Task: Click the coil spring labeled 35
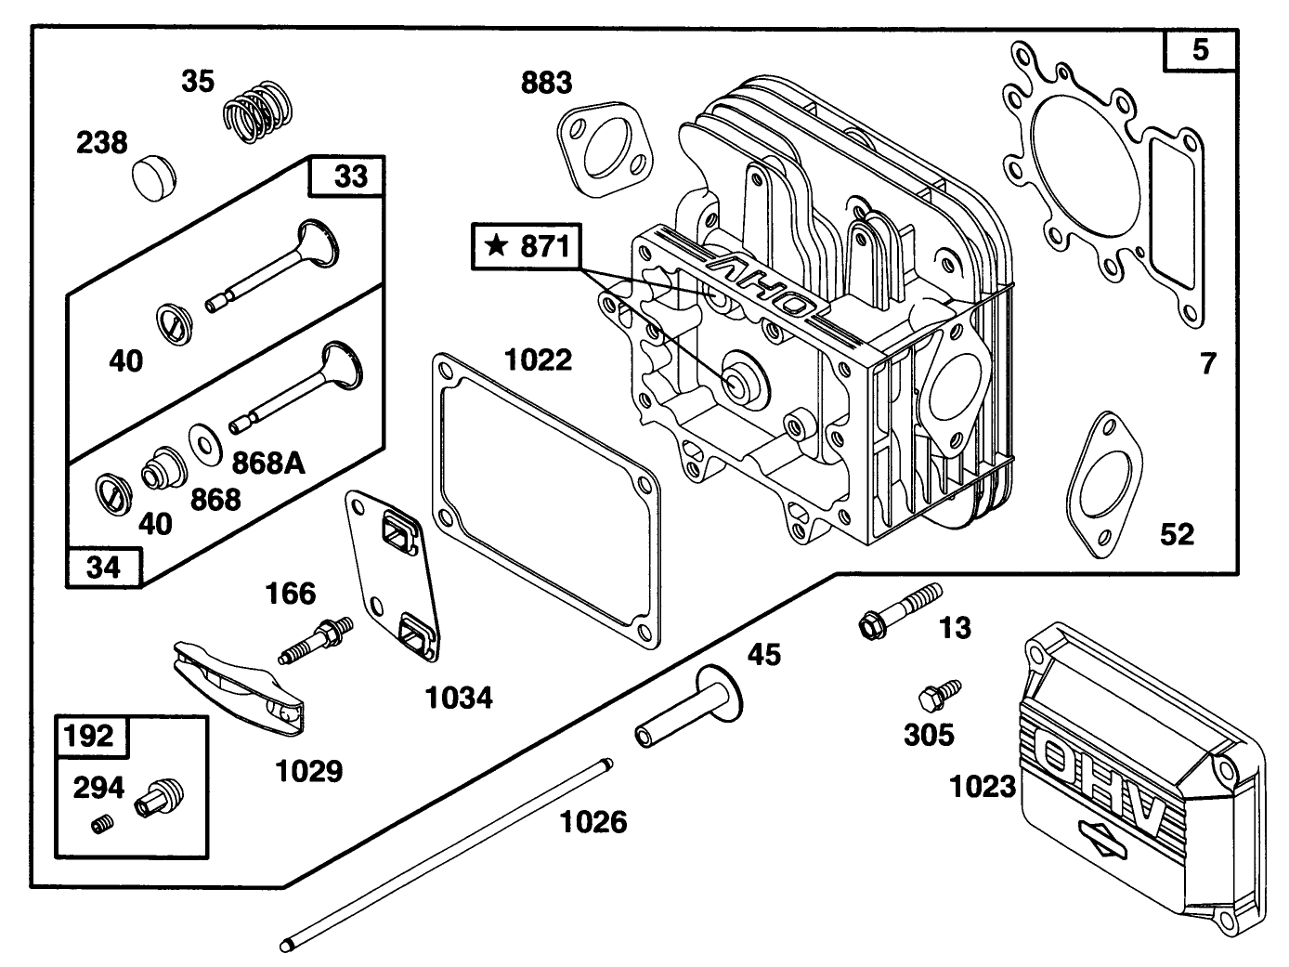click(x=258, y=111)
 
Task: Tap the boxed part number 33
click(x=350, y=176)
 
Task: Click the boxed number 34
click(x=103, y=567)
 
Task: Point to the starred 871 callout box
click(x=526, y=246)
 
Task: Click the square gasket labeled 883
click(x=603, y=150)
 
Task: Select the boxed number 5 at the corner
click(x=1201, y=48)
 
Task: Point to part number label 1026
click(x=592, y=821)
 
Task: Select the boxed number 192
click(x=91, y=736)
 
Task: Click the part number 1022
click(x=538, y=359)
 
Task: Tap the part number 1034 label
click(x=459, y=697)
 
